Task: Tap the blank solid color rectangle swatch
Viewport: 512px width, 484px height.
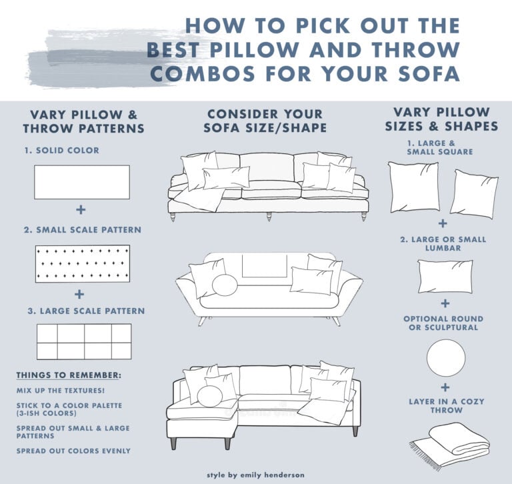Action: coord(81,181)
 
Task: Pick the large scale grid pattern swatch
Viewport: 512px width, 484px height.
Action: coord(83,341)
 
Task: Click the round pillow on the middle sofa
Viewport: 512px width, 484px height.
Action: coord(225,285)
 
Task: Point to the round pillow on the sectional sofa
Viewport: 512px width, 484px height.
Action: coord(210,396)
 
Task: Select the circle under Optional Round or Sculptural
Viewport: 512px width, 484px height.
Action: coord(445,357)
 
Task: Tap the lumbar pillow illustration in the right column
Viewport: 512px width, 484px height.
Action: coord(445,276)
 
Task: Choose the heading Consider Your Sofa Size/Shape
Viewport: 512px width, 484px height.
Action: coord(264,121)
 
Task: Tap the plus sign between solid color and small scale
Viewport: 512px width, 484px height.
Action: coord(81,210)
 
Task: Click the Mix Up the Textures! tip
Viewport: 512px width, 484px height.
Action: coord(56,390)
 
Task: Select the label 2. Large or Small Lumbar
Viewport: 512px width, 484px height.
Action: coord(445,243)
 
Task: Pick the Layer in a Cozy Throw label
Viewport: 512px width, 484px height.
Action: coord(445,405)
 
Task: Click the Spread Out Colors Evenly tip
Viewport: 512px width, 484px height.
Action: coord(73,451)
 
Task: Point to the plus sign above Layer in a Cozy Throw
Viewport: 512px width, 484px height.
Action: coord(445,387)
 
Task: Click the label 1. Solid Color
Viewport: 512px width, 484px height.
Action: coord(61,150)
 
